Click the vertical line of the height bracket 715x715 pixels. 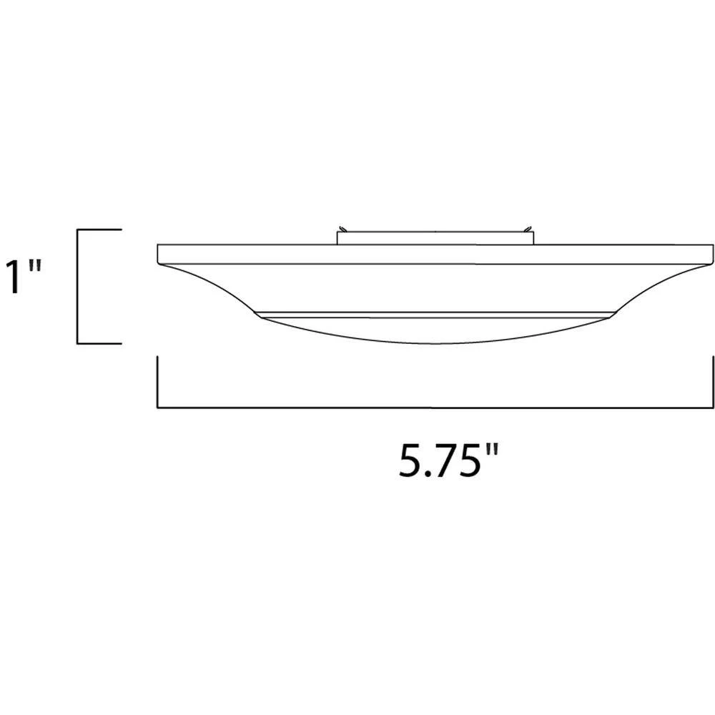tap(77, 286)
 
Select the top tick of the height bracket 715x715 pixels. tap(100, 230)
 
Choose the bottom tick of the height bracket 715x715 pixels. tap(100, 343)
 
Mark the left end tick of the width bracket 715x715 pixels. tap(157, 383)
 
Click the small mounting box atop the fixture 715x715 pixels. tap(435, 237)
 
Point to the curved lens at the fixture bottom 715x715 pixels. tap(435, 330)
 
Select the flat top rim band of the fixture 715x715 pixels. tap(435, 255)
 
